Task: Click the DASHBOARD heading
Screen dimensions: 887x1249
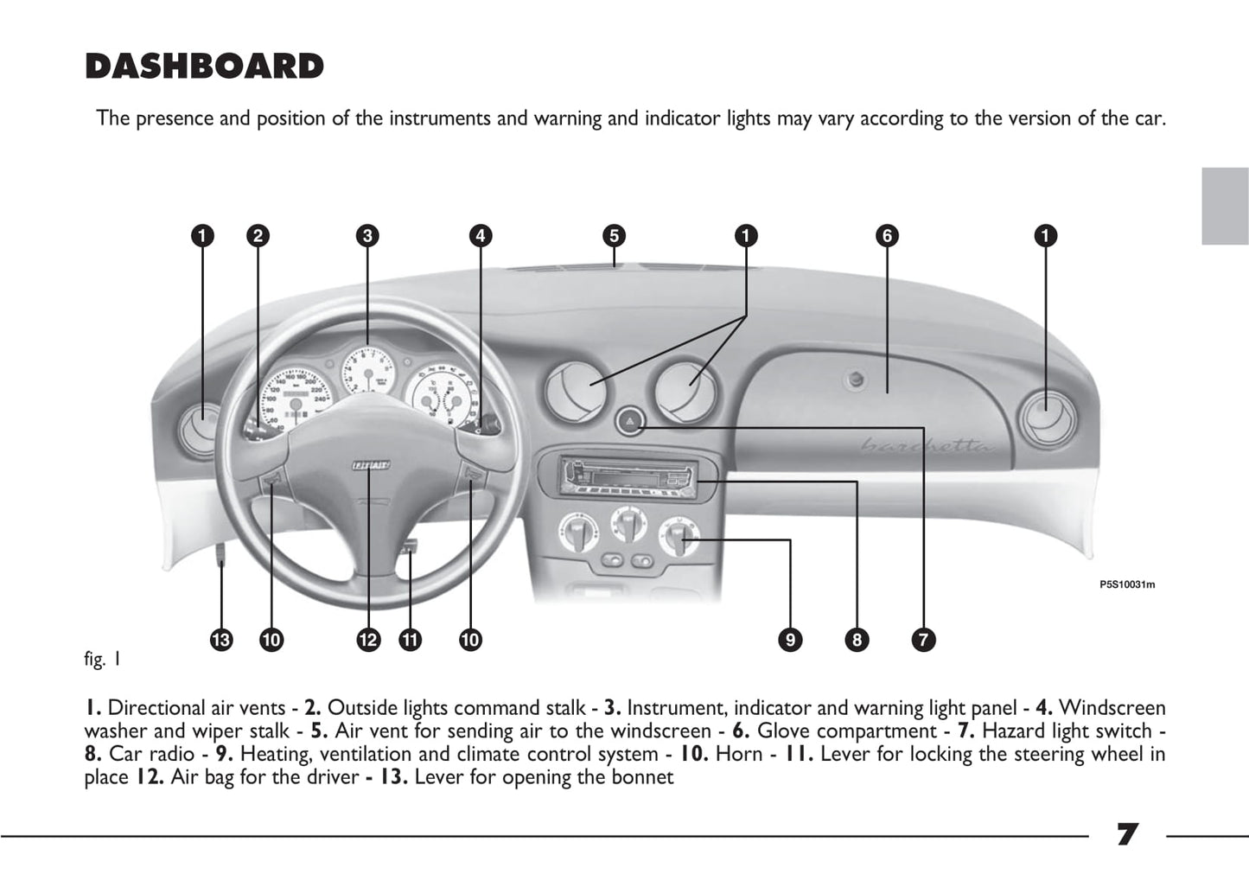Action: tap(204, 67)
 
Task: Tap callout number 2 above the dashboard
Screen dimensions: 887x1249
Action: tap(257, 236)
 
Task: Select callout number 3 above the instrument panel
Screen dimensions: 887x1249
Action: tap(367, 236)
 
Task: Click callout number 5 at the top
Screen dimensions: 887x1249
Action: tap(614, 236)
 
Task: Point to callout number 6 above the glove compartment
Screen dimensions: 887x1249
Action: tap(887, 236)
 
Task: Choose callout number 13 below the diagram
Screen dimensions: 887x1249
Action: tap(221, 640)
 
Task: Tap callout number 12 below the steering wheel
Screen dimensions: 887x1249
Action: tap(368, 640)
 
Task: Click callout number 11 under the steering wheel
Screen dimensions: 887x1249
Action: tap(410, 640)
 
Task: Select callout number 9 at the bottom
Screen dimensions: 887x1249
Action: tap(790, 640)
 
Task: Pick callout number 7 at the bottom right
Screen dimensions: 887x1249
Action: tap(923, 640)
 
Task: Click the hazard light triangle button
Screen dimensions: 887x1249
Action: tap(630, 422)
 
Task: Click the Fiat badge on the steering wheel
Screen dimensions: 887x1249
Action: tap(370, 466)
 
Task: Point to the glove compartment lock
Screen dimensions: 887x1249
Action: tap(856, 379)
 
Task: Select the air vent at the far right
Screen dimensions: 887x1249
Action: tap(1046, 419)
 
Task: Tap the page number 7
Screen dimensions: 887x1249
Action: tap(1127, 835)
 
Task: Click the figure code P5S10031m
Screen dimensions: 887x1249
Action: tap(1127, 584)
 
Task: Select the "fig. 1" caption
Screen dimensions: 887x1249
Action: tap(103, 660)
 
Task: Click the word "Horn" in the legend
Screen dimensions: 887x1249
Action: tap(739, 754)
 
